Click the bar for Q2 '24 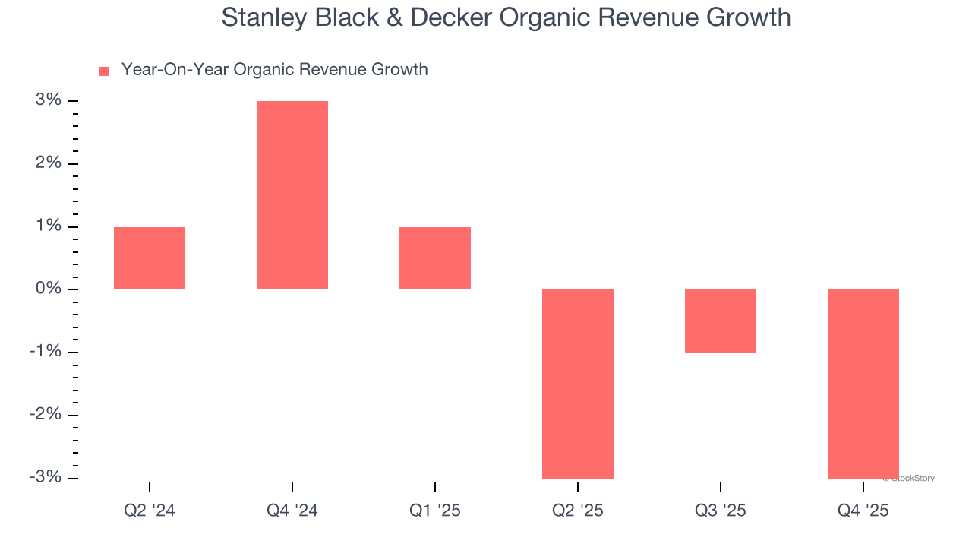150,258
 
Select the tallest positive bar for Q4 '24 292,195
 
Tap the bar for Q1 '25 435,258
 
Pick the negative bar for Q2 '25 578,384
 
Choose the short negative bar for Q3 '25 721,321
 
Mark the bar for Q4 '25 863,384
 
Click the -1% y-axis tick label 46,352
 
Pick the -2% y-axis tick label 46,415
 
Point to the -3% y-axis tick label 46,477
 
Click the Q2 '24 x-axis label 150,511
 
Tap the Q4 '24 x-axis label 292,511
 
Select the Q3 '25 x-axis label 721,511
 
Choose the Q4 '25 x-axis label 863,511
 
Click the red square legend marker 104,71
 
